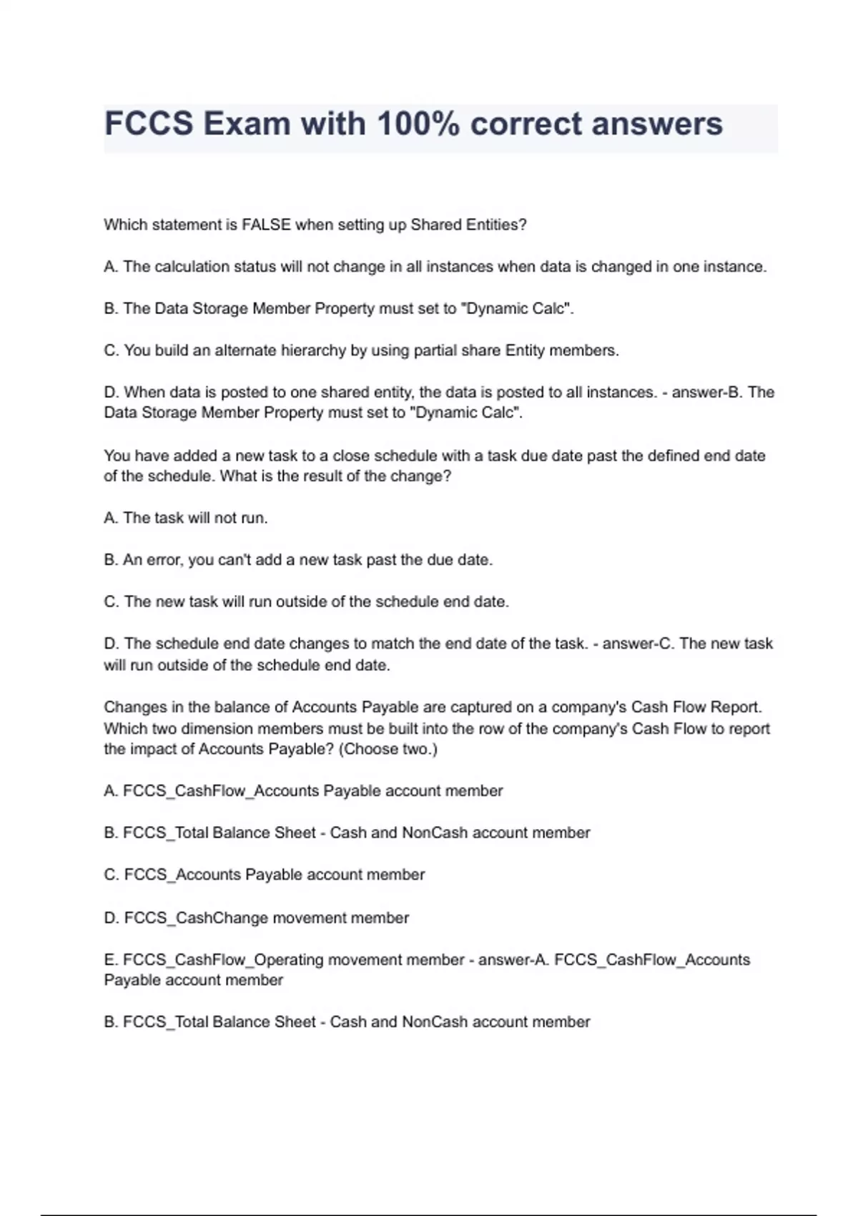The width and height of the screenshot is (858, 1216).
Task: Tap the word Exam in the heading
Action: (257, 124)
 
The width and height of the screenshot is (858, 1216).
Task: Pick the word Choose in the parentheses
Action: (364, 749)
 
